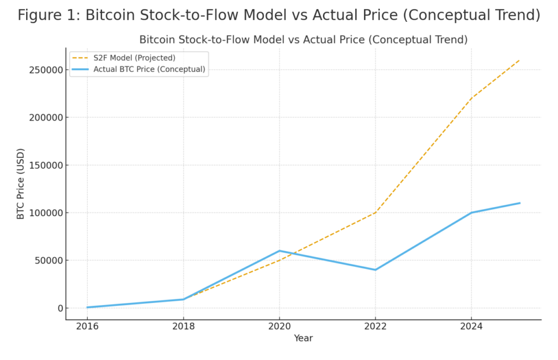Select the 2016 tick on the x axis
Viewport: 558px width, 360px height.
[x=87, y=326]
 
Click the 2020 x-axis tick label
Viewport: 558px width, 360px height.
[x=279, y=326]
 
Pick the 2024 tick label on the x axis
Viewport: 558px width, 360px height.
[x=471, y=326]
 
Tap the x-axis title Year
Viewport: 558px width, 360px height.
[x=303, y=338]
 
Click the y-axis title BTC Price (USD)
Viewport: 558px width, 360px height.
[x=21, y=184]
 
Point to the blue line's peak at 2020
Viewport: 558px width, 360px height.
[x=280, y=251]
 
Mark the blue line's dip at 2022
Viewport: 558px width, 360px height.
[x=375, y=270]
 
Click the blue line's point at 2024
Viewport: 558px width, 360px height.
[x=471, y=212]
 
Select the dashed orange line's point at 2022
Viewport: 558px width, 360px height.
[x=375, y=212]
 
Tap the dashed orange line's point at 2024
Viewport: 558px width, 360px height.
[x=471, y=98]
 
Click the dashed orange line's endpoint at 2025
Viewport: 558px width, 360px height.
[x=519, y=60]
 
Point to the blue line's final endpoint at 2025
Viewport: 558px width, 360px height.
[x=519, y=203]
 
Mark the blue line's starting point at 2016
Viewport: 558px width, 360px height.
[x=87, y=307]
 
